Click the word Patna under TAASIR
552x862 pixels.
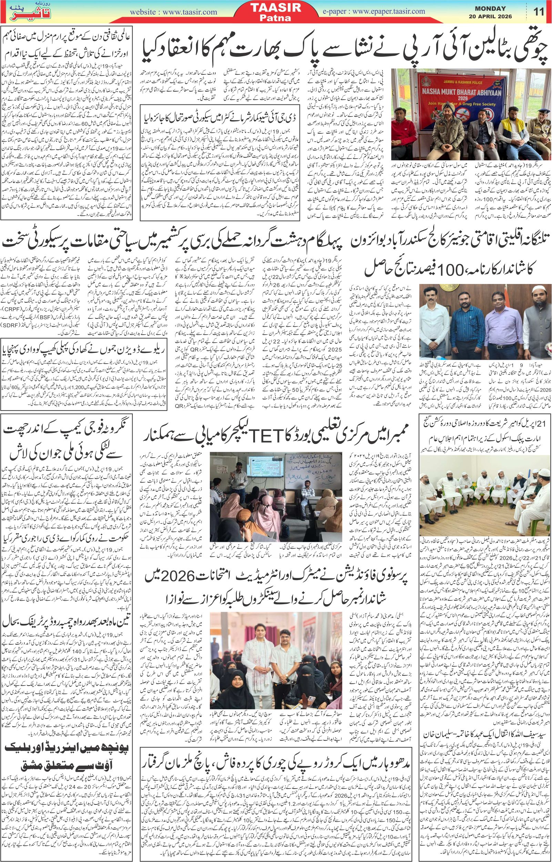(276, 19)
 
